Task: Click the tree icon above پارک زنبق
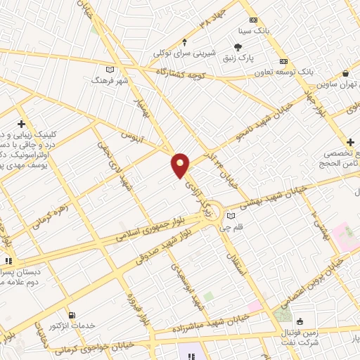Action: pyautogui.click(x=238, y=47)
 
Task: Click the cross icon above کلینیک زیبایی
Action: pyautogui.click(x=21, y=123)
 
